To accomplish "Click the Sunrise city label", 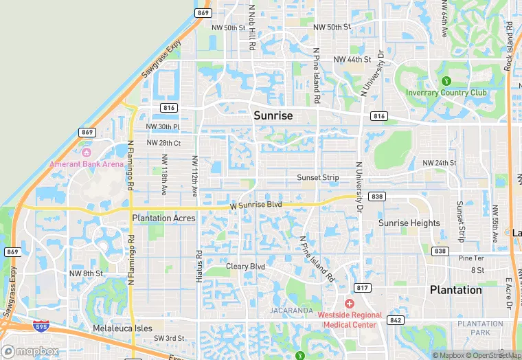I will point(273,115).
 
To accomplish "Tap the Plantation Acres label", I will point(163,218).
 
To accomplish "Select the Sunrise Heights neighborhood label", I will point(409,223).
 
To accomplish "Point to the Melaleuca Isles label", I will point(122,328).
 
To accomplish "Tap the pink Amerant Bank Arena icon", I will point(87,152).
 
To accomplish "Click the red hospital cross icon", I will point(349,304).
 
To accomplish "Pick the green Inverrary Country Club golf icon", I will point(446,82).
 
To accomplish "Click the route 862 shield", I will point(396,319).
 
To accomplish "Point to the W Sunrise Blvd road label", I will point(256,205).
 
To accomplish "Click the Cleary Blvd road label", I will point(246,266).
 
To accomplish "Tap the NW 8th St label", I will point(86,273).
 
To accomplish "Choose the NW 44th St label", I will point(352,60).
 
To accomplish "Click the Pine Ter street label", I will point(471,258).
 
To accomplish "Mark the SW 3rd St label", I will point(169,338).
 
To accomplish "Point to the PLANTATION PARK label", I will point(481,328).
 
